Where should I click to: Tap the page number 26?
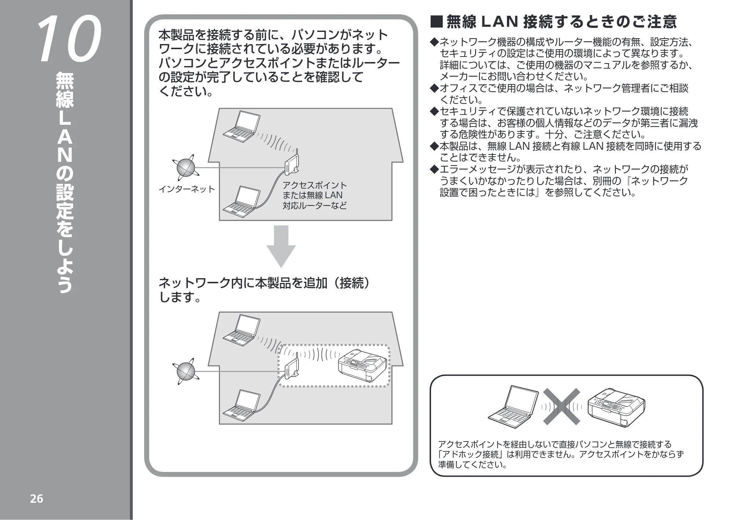point(36,499)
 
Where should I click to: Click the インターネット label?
point(187,189)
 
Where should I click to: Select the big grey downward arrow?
point(281,246)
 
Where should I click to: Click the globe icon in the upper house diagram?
point(186,168)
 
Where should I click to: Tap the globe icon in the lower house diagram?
point(186,371)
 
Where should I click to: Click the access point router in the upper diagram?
point(292,163)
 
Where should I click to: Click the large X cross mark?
point(562,406)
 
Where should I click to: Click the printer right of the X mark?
point(616,407)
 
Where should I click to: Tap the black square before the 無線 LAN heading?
point(437,22)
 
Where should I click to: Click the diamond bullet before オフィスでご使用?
point(435,88)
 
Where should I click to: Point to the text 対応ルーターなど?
point(314,206)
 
